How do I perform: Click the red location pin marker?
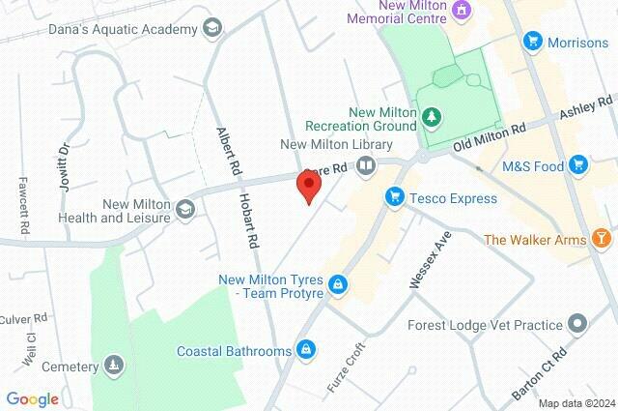tap(309, 185)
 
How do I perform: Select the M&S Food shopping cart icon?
tap(579, 166)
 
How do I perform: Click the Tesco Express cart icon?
tap(394, 198)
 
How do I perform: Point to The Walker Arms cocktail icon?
tap(603, 239)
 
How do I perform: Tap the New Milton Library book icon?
tap(366, 166)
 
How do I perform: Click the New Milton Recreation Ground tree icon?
tap(434, 118)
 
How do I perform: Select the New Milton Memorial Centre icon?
tap(462, 11)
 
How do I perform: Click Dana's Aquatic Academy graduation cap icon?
tap(210, 30)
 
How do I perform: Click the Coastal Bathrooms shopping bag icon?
tap(306, 349)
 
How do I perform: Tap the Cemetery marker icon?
tap(114, 367)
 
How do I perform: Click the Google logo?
tap(32, 398)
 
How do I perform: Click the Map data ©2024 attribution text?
tap(576, 403)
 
